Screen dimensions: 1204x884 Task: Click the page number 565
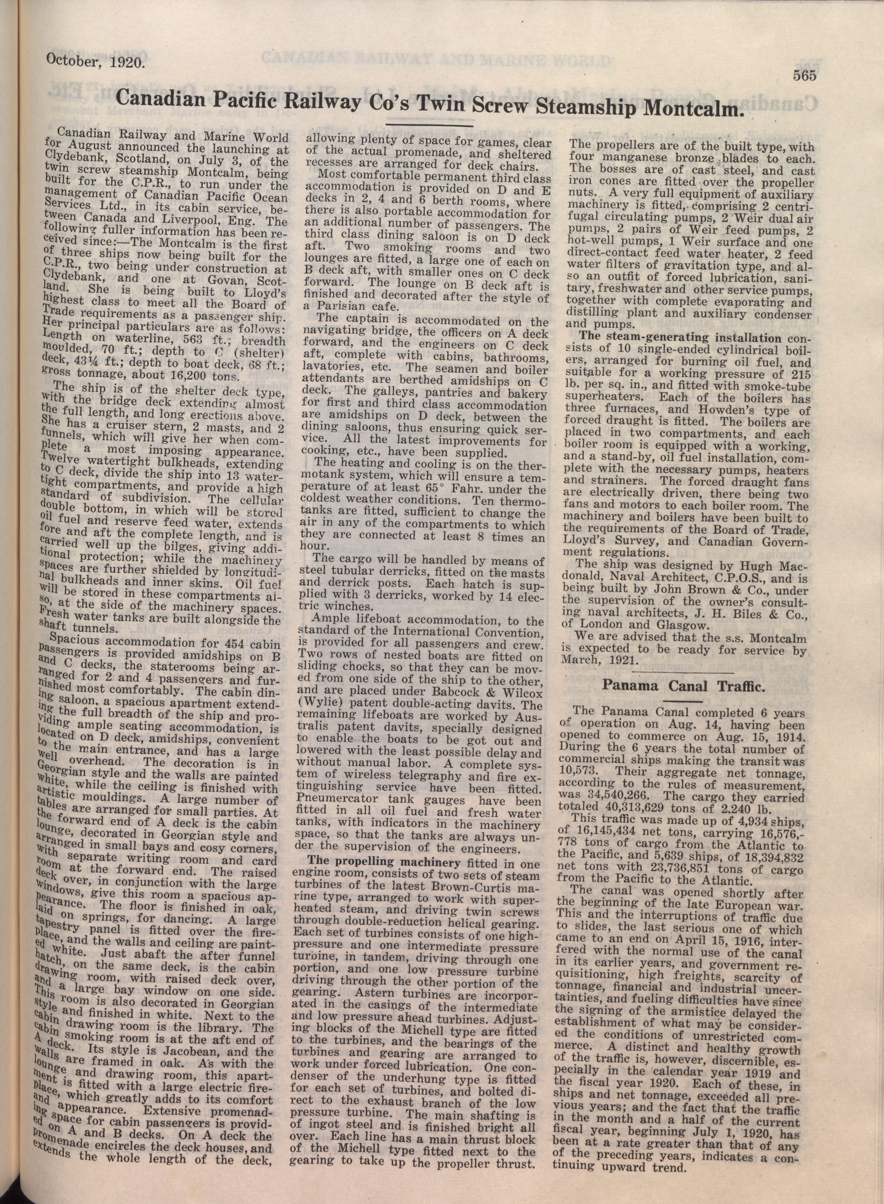point(804,76)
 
